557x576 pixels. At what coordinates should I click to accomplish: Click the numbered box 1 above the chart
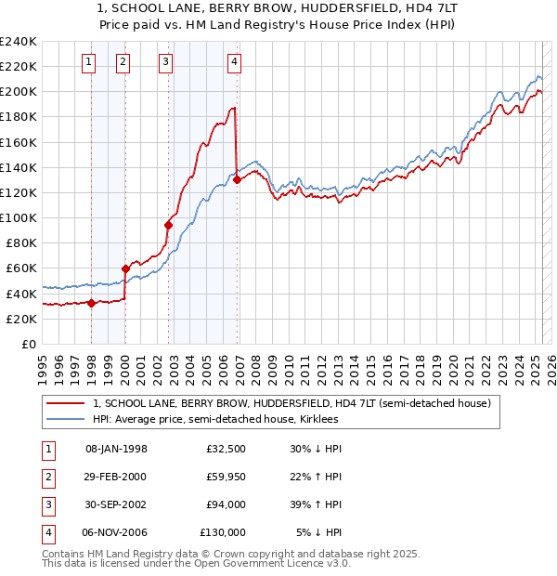tap(89, 62)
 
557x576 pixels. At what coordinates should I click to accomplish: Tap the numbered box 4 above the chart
tap(235, 62)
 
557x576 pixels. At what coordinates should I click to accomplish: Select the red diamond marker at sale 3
tap(169, 225)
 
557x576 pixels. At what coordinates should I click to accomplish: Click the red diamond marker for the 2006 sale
tap(237, 180)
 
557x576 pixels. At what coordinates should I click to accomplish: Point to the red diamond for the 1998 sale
tap(92, 303)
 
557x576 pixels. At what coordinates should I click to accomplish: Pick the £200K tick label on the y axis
tap(19, 92)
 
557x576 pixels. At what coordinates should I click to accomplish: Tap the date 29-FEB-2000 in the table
tap(116, 477)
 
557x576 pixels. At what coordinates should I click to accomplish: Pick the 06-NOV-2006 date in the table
tap(116, 532)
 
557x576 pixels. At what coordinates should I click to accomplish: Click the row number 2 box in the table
tap(45, 477)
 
